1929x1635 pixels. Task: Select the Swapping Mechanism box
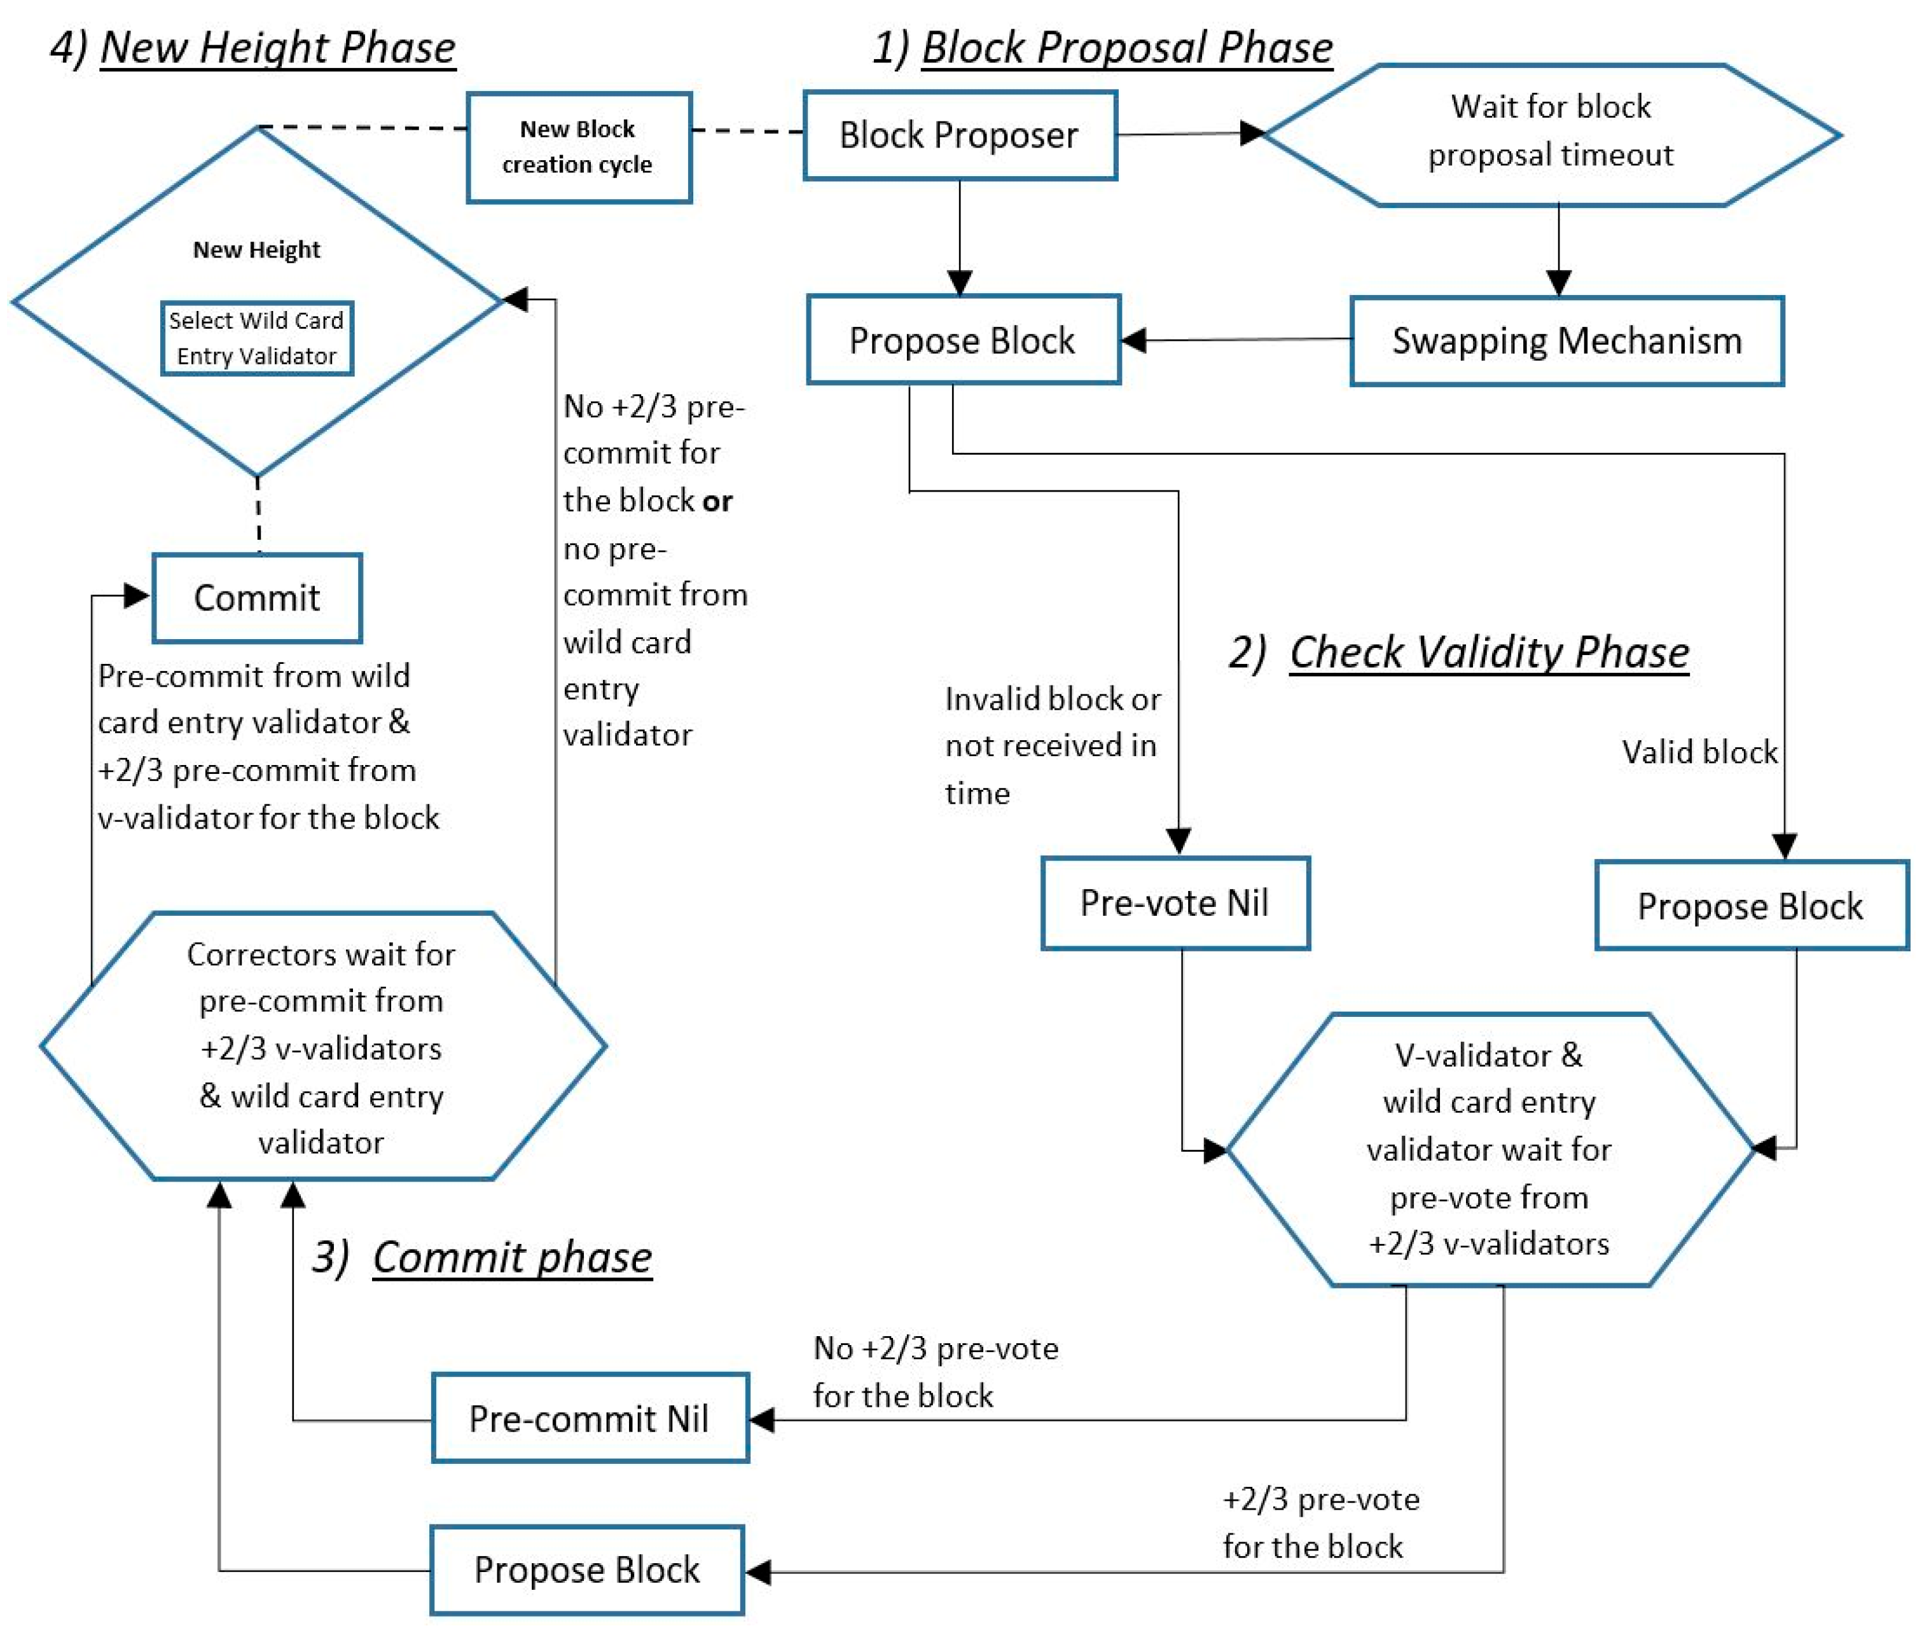point(1566,341)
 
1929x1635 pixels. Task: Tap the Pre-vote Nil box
point(1175,903)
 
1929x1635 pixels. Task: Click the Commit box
point(257,598)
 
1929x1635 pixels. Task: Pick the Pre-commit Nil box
point(590,1418)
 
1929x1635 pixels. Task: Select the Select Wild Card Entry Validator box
point(257,338)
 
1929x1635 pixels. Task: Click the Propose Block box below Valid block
point(1751,906)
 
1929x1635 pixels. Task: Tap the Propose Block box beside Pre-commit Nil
point(587,1569)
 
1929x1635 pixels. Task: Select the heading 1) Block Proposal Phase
point(1102,47)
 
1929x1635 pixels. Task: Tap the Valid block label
point(1699,752)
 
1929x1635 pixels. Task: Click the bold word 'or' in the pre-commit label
point(717,501)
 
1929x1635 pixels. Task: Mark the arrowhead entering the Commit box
point(137,595)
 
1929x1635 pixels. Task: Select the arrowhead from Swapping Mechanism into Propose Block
point(1133,340)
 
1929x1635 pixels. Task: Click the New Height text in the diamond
point(257,249)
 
